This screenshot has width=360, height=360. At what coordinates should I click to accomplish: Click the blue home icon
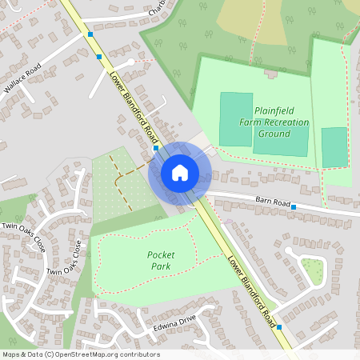pos(180,171)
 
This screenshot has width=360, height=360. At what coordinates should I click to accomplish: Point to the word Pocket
pos(161,254)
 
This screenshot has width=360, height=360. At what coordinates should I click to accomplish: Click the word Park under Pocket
pos(160,266)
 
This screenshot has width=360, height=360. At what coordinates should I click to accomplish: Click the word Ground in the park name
pos(274,134)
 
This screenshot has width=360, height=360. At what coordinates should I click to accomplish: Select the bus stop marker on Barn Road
pos(294,207)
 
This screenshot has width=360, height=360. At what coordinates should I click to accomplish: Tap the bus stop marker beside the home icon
pos(155,148)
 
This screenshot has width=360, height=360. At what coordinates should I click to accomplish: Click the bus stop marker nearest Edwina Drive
pos(279,326)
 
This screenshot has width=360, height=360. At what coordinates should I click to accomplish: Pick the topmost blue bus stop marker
pos(90,35)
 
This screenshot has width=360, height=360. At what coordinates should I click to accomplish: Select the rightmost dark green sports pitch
pos(334,146)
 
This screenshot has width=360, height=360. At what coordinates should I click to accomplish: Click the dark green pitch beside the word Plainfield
pos(235,118)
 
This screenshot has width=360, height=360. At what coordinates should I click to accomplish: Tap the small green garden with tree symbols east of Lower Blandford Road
pos(312,272)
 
